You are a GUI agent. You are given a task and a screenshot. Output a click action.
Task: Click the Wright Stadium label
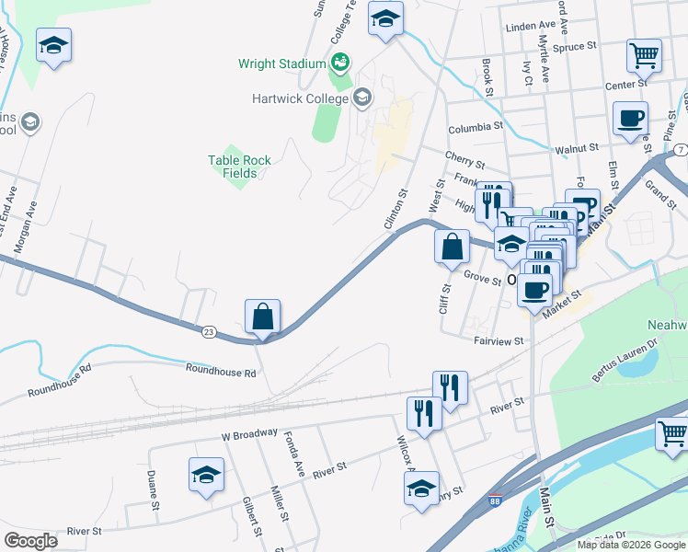[x=282, y=63]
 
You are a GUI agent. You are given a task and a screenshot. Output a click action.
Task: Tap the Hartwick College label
[x=302, y=98]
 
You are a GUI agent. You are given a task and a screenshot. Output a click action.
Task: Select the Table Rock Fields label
[x=239, y=167]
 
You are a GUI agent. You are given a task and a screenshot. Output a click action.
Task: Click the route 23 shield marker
[x=209, y=331]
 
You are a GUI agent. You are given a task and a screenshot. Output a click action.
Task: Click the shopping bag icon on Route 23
[x=262, y=316]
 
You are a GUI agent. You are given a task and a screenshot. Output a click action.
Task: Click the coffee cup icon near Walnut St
[x=630, y=119]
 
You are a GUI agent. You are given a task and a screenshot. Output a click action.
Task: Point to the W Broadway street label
[x=248, y=433]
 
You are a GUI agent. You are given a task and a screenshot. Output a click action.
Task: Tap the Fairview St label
[x=499, y=340]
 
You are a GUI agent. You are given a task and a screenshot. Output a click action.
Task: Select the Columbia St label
[x=476, y=128]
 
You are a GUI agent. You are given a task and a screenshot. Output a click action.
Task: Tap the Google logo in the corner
[x=31, y=541]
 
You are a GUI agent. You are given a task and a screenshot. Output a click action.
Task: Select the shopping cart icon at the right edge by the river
[x=672, y=432]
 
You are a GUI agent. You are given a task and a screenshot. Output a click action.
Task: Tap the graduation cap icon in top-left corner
[x=54, y=45]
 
